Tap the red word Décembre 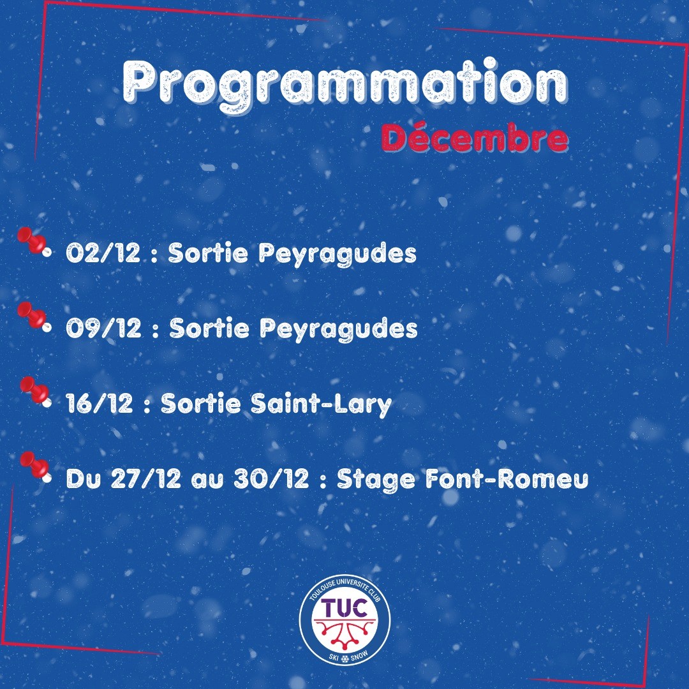tap(475, 138)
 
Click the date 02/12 tap(103, 253)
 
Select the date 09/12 tap(104, 328)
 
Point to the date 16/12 tap(100, 403)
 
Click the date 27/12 tap(145, 478)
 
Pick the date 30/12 tap(271, 478)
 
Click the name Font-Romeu tap(507, 478)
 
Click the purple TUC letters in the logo tap(344, 608)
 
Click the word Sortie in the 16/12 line tap(200, 403)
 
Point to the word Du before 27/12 tap(84, 478)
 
